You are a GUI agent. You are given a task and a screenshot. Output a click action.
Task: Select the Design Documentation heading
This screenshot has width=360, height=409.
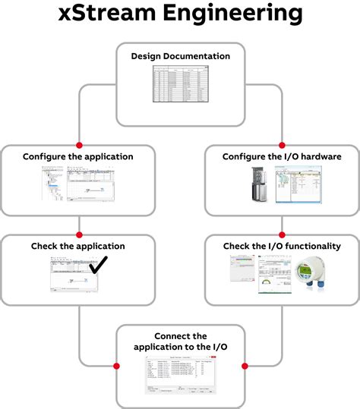(x=180, y=56)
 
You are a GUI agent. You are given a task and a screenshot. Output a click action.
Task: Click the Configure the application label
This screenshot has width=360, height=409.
(x=78, y=156)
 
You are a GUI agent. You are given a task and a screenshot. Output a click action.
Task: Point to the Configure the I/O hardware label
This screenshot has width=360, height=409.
(x=281, y=156)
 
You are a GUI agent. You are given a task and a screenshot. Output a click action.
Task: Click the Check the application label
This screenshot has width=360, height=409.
(x=78, y=246)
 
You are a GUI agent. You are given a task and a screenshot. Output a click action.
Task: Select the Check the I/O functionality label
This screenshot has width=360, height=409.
(x=281, y=246)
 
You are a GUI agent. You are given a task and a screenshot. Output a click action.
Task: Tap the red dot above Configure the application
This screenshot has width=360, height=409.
(x=78, y=144)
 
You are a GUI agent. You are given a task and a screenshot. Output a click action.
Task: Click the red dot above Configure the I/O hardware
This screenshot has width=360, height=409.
(x=282, y=144)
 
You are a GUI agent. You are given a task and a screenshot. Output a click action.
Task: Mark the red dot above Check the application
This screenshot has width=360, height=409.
(x=78, y=234)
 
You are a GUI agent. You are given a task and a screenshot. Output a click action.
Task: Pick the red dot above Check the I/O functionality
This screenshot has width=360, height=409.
(x=282, y=234)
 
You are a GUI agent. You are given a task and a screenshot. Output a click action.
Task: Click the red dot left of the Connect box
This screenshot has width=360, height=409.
(x=116, y=366)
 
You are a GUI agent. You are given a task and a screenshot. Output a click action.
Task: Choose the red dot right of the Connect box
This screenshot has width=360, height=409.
(x=245, y=366)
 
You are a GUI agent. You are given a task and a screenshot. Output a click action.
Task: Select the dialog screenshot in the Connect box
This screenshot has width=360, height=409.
(x=180, y=376)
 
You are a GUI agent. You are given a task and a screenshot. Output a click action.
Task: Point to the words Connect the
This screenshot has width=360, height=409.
(x=180, y=336)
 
